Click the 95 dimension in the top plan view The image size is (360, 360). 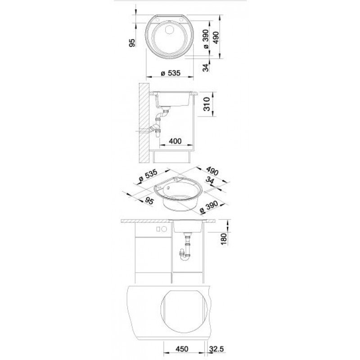tap(132, 43)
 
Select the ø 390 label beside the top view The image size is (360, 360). tap(206, 39)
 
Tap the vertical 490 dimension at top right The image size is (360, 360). tap(216, 37)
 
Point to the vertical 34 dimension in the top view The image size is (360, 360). tap(206, 67)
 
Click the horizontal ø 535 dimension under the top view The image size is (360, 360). tap(171, 73)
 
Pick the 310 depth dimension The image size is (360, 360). tap(207, 104)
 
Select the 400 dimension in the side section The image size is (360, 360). tap(175, 141)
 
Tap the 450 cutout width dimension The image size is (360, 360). tap(182, 349)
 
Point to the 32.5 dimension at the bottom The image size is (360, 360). tap(216, 349)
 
